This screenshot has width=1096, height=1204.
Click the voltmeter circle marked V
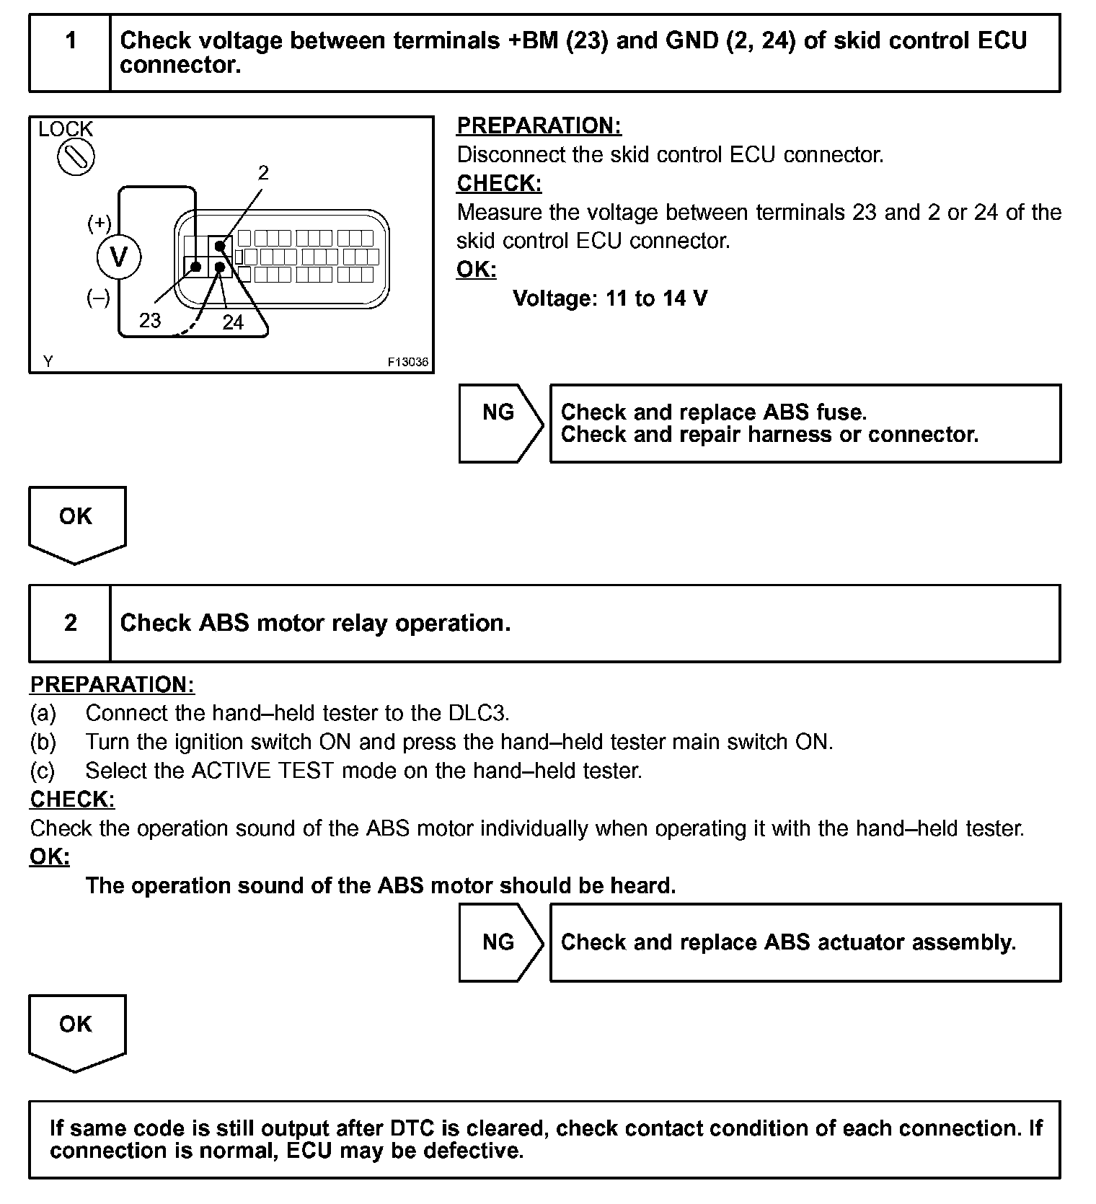[x=119, y=257]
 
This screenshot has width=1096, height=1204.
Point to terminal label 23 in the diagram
[x=150, y=320]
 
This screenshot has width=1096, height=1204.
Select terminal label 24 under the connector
[x=233, y=322]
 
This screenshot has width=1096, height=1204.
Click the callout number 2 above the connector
[x=263, y=173]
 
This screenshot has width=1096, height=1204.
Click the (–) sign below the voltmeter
[x=98, y=298]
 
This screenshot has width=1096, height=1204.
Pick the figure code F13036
[x=408, y=362]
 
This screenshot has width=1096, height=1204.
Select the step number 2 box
[x=70, y=623]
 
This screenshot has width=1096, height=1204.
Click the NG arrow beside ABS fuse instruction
[x=500, y=423]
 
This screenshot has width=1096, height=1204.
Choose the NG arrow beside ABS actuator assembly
[x=500, y=942]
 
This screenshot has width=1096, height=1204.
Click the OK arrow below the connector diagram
[x=76, y=522]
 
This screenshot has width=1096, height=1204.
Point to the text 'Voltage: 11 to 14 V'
[x=610, y=298]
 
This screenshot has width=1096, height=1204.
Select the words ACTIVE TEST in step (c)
[x=262, y=771]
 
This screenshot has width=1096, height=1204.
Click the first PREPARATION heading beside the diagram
[x=539, y=125]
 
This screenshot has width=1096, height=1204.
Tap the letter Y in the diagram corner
[x=48, y=362]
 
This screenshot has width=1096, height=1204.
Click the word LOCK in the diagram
[x=66, y=130]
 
